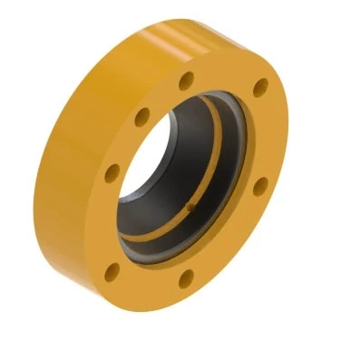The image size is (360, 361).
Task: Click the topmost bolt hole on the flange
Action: [186, 81]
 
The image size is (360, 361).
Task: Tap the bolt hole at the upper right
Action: [260, 88]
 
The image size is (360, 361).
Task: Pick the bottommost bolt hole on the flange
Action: [186, 278]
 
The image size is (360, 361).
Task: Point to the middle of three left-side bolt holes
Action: [112, 171]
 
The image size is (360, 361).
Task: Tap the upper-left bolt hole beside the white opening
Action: [142, 117]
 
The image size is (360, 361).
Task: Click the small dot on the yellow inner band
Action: [190, 207]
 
